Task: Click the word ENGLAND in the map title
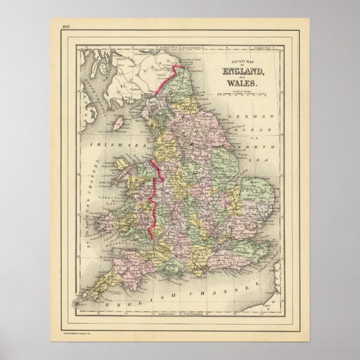click(247, 70)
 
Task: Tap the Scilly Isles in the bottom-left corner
click(75, 302)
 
